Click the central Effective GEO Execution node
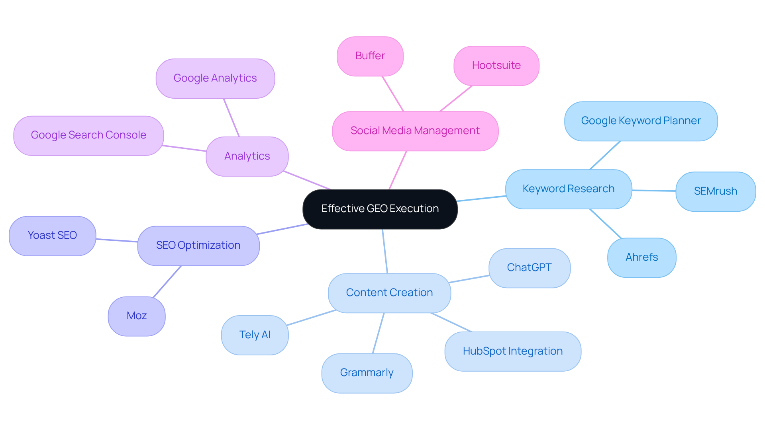380,209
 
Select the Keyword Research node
568,189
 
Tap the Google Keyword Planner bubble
641,121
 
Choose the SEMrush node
715,191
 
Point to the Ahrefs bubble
641,257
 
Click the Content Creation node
389,293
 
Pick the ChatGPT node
529,268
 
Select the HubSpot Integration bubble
512,351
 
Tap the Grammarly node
367,373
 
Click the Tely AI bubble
255,335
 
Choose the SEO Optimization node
198,246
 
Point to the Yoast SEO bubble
52,236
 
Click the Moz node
136,316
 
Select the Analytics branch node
247,156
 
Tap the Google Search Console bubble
88,135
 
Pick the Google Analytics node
215,78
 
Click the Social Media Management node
415,131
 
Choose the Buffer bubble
370,56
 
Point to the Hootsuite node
496,66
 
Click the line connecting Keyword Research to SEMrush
654,191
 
